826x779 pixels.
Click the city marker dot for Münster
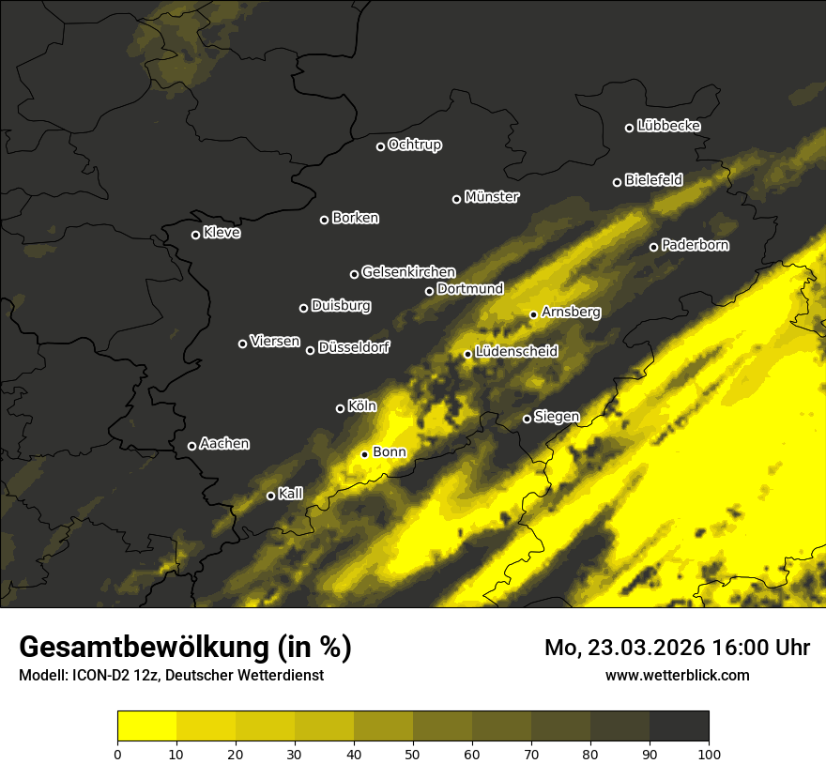tap(457, 199)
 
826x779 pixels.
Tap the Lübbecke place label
tap(668, 126)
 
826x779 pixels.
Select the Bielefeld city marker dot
tap(618, 182)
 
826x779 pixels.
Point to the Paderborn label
tap(695, 245)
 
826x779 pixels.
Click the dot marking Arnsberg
tap(533, 314)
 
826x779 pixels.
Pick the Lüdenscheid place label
tap(516, 352)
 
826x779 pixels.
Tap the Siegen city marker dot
tap(528, 419)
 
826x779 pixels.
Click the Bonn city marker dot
tap(365, 454)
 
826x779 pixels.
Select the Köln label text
tap(361, 406)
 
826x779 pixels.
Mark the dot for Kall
tap(271, 496)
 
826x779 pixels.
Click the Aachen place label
tap(224, 444)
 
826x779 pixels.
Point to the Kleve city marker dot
tap(196, 235)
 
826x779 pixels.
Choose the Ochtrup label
tap(414, 145)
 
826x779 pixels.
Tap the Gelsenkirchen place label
tap(408, 272)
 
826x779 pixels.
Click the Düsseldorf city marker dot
tap(311, 350)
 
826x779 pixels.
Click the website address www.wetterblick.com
tap(678, 675)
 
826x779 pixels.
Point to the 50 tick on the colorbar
tap(413, 753)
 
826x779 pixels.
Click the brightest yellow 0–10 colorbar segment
tap(146, 726)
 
